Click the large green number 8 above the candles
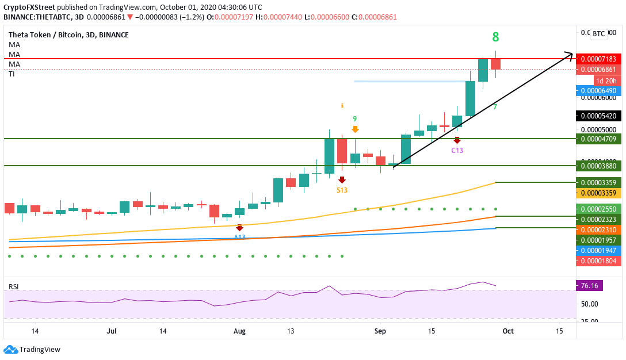(495, 37)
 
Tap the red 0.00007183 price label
(598, 59)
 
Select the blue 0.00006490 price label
(598, 91)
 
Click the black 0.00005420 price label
(598, 116)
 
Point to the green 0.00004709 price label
(598, 139)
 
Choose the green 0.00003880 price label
(598, 166)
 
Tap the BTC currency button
(598, 34)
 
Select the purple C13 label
(457, 150)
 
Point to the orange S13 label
(342, 190)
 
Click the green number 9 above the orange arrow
(355, 118)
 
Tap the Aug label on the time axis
(240, 331)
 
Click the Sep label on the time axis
(380, 331)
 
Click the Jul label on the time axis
(112, 331)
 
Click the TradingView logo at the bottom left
(33, 349)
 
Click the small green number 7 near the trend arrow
(495, 107)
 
